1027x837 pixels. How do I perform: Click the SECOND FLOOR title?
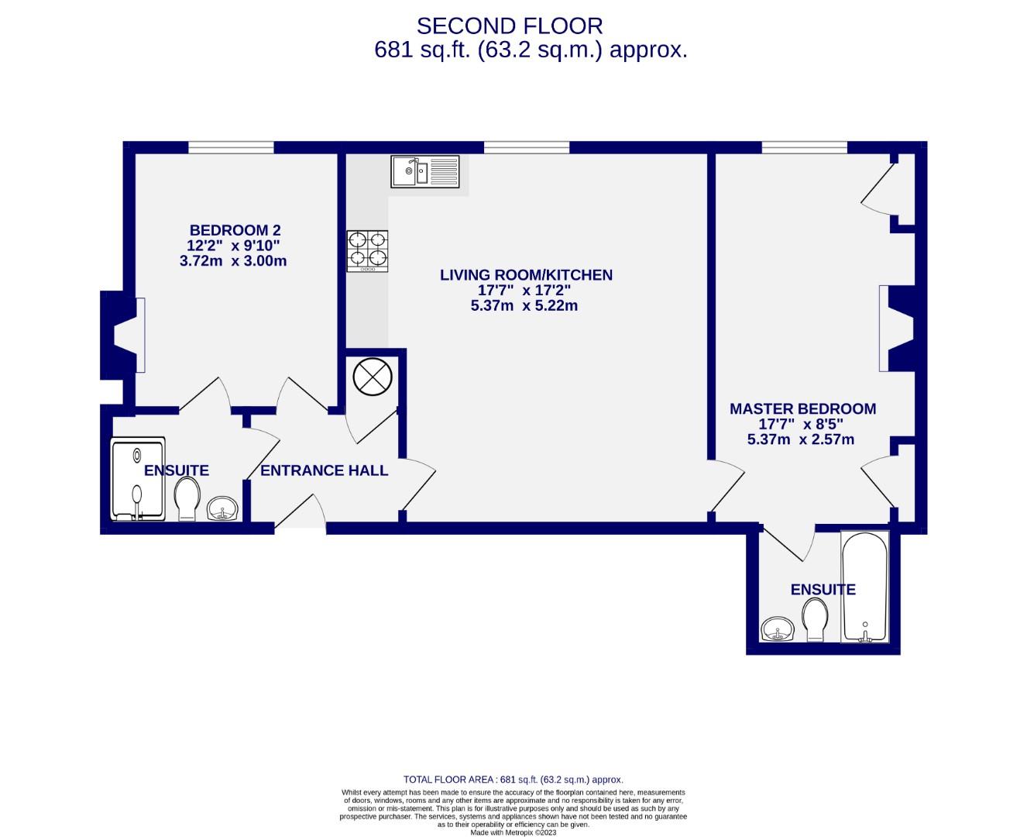(x=509, y=26)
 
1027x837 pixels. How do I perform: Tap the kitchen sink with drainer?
(x=425, y=171)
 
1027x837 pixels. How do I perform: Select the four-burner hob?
(x=367, y=250)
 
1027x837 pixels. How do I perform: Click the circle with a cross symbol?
(x=373, y=377)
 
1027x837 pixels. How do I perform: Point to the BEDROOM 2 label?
(x=235, y=230)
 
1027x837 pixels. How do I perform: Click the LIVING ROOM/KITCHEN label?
(x=526, y=275)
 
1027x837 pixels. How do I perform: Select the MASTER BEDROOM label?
(x=802, y=408)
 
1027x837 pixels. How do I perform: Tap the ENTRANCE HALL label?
(x=324, y=470)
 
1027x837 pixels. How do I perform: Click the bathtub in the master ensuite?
(x=865, y=587)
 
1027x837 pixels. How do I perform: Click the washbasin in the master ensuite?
(x=777, y=629)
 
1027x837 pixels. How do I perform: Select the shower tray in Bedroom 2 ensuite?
(x=139, y=479)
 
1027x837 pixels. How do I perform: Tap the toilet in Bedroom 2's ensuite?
(x=187, y=498)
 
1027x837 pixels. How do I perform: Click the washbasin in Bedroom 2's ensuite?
(x=224, y=508)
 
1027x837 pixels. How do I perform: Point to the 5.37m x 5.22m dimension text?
(x=524, y=306)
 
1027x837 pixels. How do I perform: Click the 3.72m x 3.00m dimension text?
(x=232, y=261)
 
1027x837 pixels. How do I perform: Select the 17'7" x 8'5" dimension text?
(x=800, y=425)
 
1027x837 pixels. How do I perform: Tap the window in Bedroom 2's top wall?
(x=231, y=147)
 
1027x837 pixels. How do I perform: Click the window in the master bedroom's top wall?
(x=804, y=147)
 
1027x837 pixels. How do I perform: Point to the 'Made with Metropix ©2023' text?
(x=513, y=832)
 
